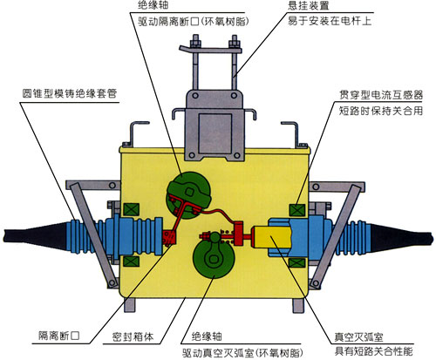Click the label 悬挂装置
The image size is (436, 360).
(x=309, y=5)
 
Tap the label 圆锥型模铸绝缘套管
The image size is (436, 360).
(x=70, y=93)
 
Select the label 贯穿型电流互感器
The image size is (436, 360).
(x=381, y=95)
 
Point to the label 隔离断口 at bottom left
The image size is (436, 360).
(x=59, y=336)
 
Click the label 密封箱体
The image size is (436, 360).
(x=133, y=336)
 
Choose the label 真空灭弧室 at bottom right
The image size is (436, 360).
(x=358, y=336)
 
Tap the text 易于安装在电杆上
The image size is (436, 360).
(x=330, y=21)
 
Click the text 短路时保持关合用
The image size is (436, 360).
(x=381, y=111)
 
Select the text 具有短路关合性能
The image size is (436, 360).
(x=373, y=351)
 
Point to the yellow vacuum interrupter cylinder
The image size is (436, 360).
(x=272, y=237)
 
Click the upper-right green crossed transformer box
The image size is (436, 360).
(x=297, y=210)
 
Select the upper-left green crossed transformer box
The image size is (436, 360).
(x=132, y=209)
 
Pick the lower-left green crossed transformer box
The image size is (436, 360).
(x=132, y=261)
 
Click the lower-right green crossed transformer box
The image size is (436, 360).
(x=296, y=263)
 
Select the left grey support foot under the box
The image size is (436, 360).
(x=130, y=305)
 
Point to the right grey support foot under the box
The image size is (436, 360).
(x=298, y=305)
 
